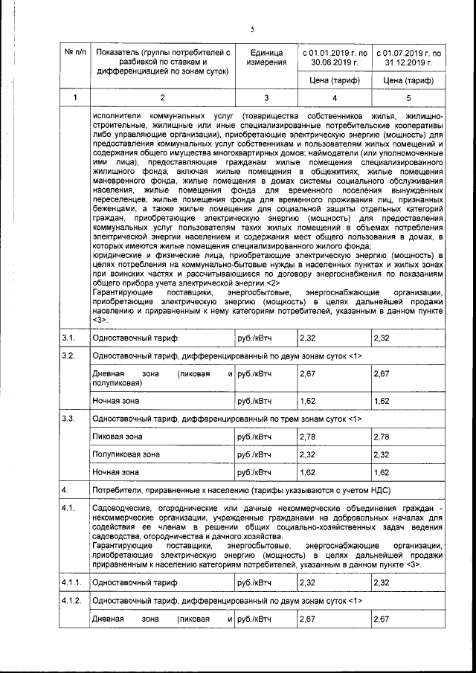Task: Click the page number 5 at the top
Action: tap(252, 28)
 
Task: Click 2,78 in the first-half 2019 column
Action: tap(307, 436)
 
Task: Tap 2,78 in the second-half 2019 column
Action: tap(382, 436)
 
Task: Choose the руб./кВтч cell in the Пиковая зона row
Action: tap(253, 436)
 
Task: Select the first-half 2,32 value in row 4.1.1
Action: tap(307, 582)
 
